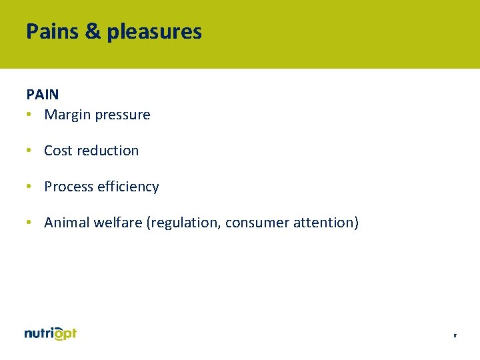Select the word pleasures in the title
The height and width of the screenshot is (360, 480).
(x=154, y=32)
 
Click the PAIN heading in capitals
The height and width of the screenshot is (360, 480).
(x=43, y=95)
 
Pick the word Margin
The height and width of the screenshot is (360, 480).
(x=66, y=115)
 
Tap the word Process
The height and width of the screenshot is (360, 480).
(x=69, y=187)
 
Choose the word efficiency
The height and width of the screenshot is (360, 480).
(x=128, y=187)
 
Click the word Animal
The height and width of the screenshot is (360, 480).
(x=66, y=223)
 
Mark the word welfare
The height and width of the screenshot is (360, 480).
(x=117, y=223)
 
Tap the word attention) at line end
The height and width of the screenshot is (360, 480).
(x=326, y=223)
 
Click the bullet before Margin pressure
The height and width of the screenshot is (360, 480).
(x=29, y=115)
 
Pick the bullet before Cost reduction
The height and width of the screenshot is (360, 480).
(x=29, y=151)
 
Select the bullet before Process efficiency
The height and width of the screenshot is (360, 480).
(x=29, y=187)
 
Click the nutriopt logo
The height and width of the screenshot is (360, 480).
(x=51, y=334)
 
